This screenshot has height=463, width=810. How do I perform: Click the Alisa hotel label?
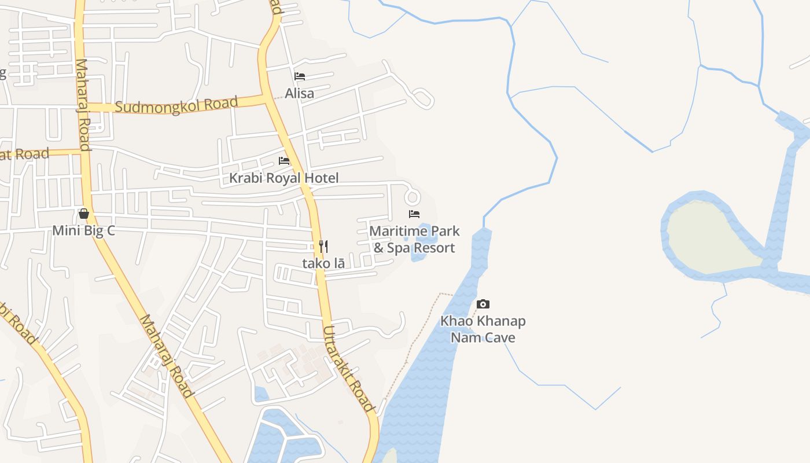[299, 93]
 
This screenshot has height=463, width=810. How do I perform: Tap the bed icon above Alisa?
[299, 76]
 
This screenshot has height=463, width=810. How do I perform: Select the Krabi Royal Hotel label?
[283, 178]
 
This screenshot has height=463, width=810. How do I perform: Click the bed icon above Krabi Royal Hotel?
[283, 160]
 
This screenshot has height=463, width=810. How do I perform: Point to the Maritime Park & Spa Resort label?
[414, 239]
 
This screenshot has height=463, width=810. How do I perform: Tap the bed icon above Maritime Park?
[414, 214]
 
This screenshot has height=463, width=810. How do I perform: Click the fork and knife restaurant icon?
[323, 247]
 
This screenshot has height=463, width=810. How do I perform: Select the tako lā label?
[323, 263]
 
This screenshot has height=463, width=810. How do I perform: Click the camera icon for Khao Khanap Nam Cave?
[483, 304]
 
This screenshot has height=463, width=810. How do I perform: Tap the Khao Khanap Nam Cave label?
[483, 329]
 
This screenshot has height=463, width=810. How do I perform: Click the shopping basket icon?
[84, 214]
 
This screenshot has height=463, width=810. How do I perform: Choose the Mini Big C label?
[84, 230]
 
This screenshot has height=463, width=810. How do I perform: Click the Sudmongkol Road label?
[176, 106]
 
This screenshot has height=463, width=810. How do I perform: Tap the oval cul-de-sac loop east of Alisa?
[423, 98]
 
